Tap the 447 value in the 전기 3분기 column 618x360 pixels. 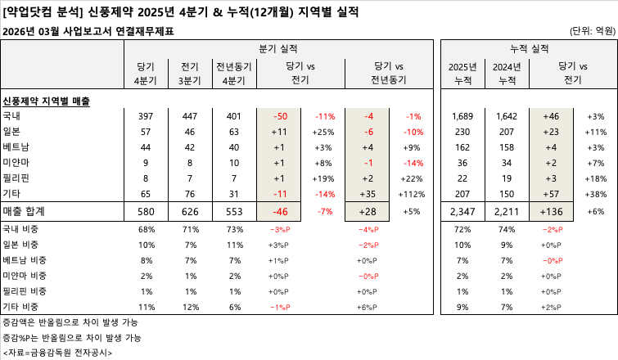191,116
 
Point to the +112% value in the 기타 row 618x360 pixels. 412,194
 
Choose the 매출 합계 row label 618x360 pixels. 25,211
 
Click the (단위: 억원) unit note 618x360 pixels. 592,31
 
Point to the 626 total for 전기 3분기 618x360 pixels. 191,211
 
